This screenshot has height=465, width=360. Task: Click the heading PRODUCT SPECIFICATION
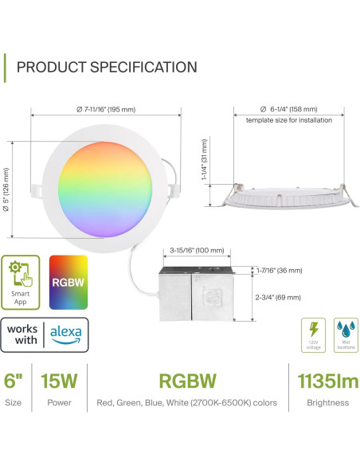tap(107, 67)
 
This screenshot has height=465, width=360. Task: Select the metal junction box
tap(195, 294)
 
